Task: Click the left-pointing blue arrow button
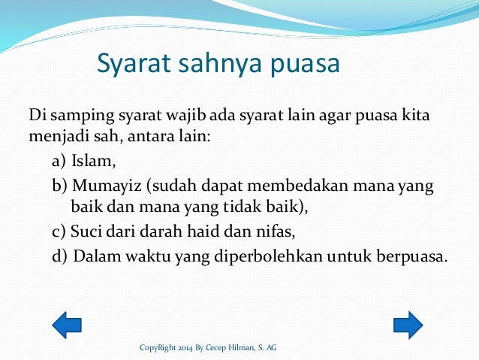point(67,325)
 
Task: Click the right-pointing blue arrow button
point(408,325)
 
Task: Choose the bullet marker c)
point(59,231)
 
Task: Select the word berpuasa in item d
point(414,256)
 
